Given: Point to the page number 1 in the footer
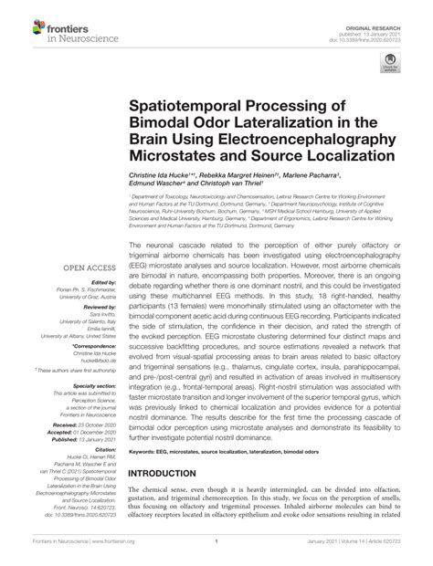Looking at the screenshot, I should tap(216, 555).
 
